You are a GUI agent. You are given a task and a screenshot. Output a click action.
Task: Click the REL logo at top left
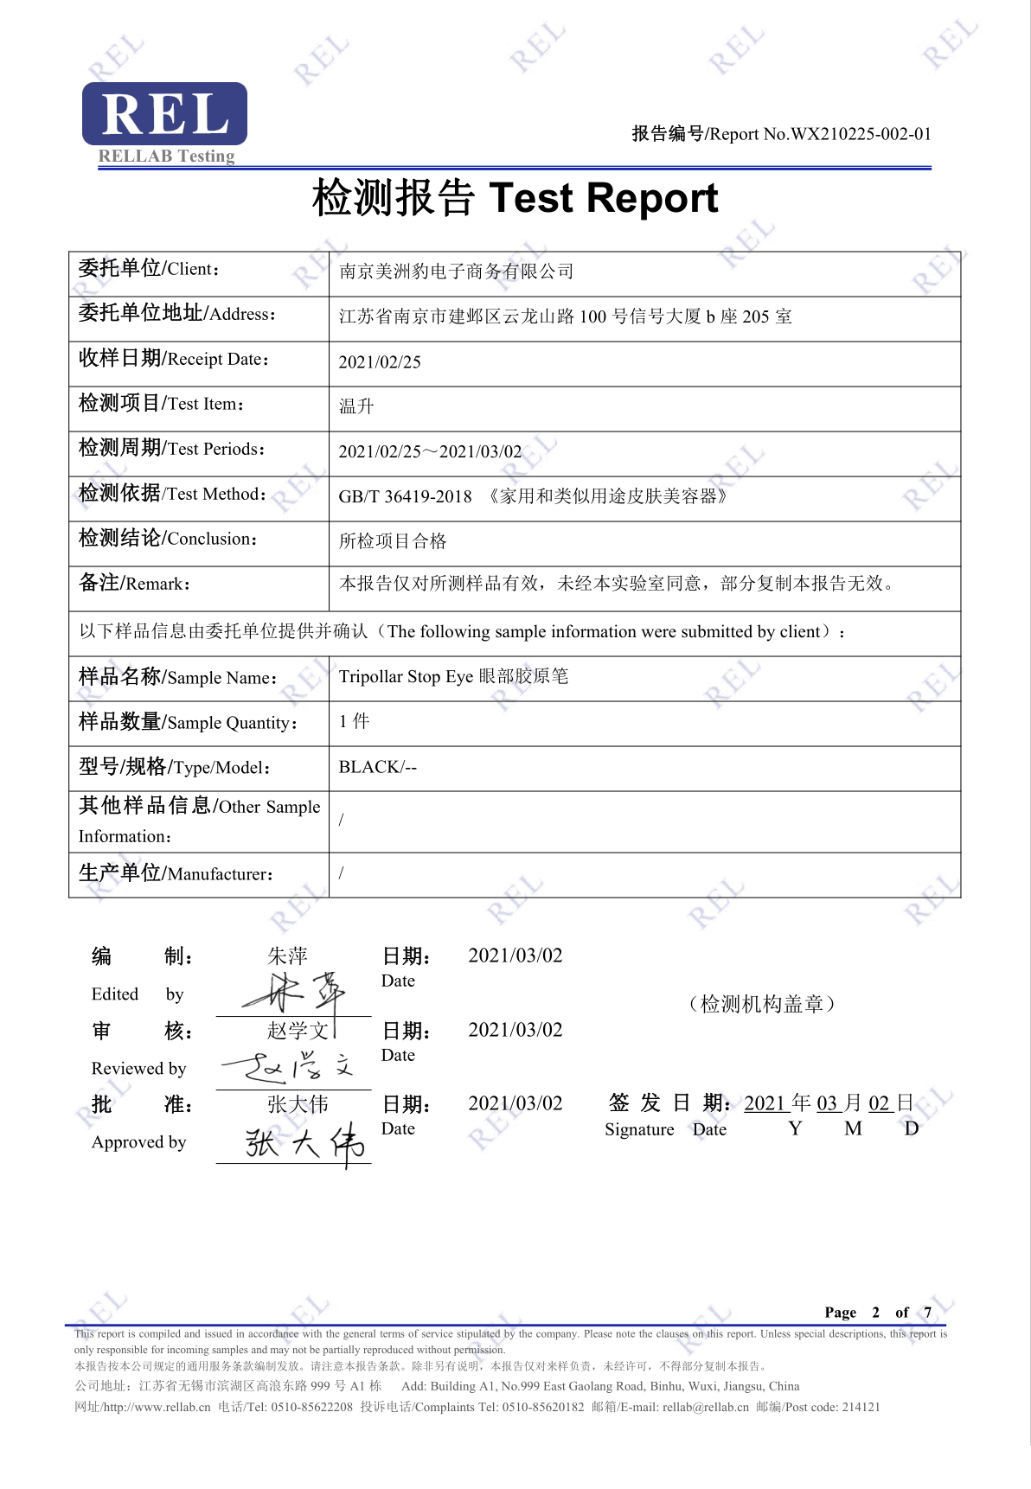164,114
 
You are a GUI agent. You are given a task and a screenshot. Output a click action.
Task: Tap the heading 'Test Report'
603,198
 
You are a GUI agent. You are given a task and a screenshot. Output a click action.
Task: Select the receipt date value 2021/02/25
380,362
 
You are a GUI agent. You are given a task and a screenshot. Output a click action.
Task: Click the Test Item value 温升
356,406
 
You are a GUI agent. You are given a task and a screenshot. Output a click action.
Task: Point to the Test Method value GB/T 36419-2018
405,496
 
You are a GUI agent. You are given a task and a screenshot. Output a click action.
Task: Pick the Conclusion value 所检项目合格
393,541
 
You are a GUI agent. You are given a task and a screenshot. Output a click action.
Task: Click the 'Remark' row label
134,584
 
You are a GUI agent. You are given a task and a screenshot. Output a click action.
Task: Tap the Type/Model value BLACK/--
378,767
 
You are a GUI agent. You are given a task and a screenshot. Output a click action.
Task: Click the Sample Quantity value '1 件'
354,721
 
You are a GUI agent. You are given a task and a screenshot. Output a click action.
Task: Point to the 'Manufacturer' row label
176,873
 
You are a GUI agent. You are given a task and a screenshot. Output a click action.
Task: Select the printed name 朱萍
287,955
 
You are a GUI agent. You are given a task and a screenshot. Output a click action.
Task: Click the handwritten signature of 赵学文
288,1069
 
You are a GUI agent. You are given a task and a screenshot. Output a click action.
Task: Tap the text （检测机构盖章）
762,1004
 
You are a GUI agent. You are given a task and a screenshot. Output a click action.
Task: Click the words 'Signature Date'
665,1129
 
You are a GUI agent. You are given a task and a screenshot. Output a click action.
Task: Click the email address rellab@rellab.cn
706,1407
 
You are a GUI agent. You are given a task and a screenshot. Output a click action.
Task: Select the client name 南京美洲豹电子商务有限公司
456,272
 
